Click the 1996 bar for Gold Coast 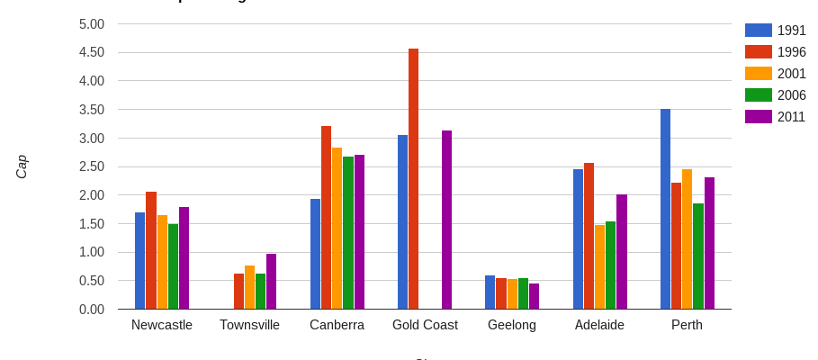coord(413,179)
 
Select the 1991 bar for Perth coord(665,209)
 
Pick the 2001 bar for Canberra coord(337,229)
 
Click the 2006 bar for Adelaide coord(610,265)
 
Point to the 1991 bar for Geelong coord(490,292)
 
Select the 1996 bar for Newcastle coord(151,250)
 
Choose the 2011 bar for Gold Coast coord(446,220)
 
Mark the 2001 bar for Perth coord(687,239)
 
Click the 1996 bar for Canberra coord(326,218)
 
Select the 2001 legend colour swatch coord(758,74)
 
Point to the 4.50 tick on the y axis coord(92,52)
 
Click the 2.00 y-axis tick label coord(92,195)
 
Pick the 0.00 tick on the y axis coord(92,310)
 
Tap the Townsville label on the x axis coord(249,325)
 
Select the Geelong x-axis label coord(512,325)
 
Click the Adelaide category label coord(599,325)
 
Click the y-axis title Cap coord(22,166)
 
